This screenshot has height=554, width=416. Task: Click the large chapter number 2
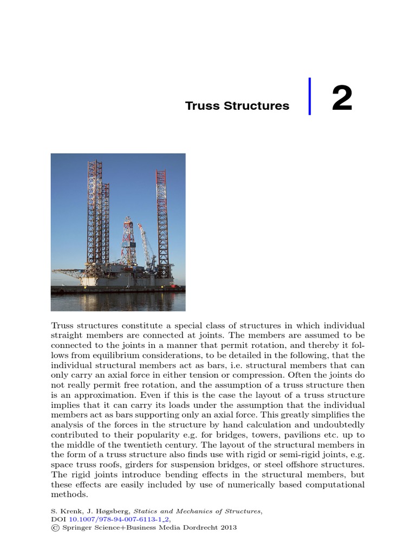pos(342,98)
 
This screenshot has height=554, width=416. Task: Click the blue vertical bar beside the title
pos(310,96)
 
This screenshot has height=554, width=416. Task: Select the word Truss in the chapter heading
pos(201,105)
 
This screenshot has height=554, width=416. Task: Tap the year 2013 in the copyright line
pos(227,527)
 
